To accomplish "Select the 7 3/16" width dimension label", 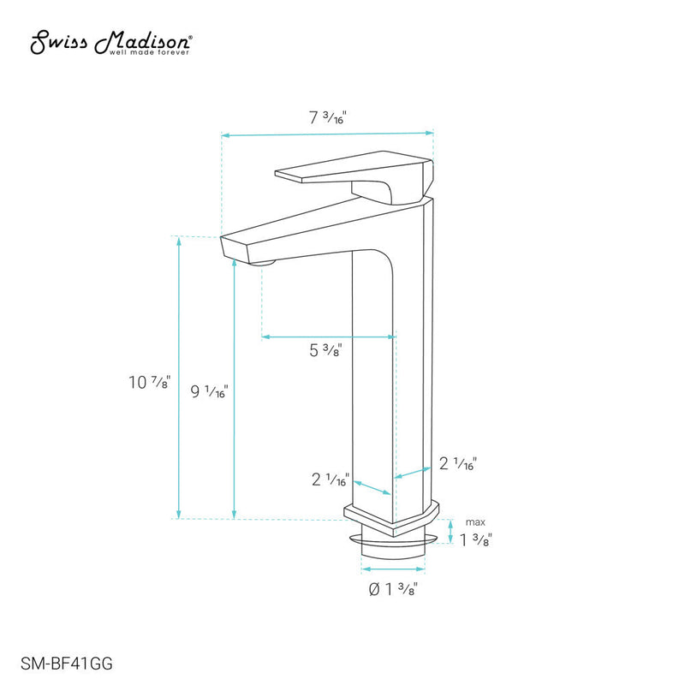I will (328, 119).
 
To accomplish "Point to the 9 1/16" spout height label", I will (209, 391).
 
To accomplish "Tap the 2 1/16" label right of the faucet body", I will (457, 463).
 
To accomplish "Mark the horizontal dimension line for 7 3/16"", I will (328, 134).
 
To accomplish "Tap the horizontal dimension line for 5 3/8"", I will (327, 337).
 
